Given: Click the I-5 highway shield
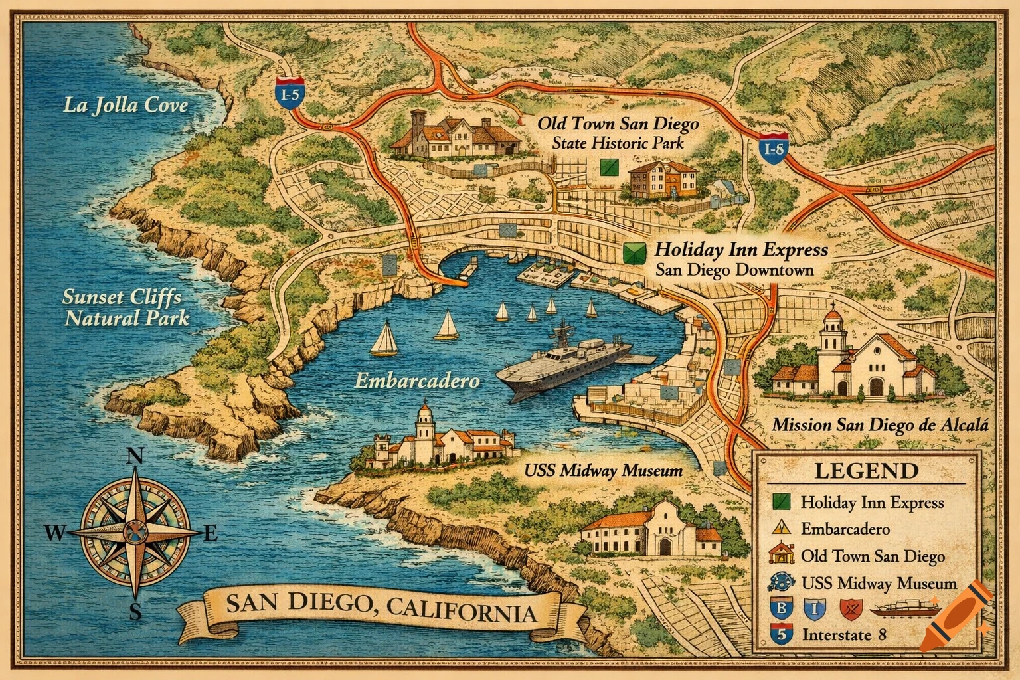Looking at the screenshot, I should (x=290, y=94).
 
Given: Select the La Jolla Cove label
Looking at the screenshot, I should (x=125, y=105).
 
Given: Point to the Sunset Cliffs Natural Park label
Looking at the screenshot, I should (x=126, y=307).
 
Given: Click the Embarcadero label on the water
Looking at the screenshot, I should (x=416, y=381).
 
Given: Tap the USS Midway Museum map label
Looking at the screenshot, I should (x=603, y=471).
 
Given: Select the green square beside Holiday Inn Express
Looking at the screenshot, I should (x=634, y=252).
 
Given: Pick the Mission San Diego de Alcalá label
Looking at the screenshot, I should (x=880, y=424).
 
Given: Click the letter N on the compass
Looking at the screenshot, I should (x=135, y=456).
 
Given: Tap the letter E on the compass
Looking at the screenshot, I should (x=209, y=533).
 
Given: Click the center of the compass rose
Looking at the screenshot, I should (x=135, y=533).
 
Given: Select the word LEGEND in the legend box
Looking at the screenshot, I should (x=866, y=471).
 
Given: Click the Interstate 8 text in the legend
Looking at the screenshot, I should (x=843, y=634).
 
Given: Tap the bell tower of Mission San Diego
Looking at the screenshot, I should (x=831, y=339).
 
